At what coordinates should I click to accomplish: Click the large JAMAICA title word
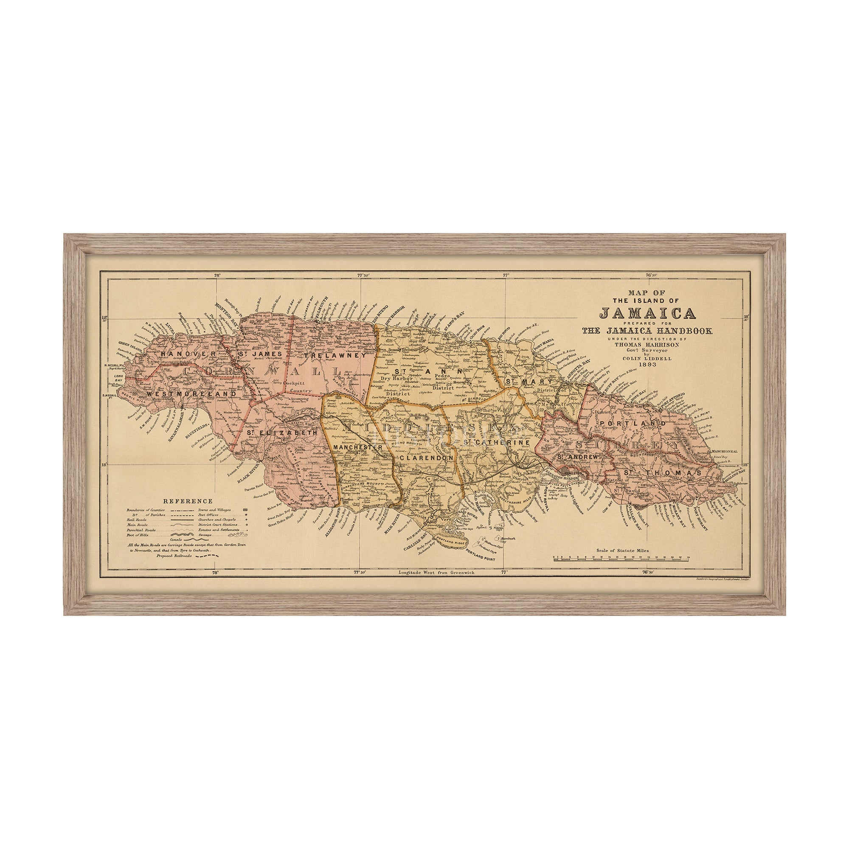point(647,313)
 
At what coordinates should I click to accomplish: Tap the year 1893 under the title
point(648,364)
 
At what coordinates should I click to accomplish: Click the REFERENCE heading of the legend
point(188,501)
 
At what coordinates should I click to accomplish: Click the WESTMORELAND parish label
point(191,394)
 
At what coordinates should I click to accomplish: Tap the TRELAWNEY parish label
point(335,355)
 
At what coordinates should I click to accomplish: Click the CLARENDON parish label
point(426,458)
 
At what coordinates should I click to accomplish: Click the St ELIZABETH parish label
point(282,433)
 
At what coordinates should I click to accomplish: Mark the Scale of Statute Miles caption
point(622,550)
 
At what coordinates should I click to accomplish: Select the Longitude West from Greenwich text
point(436,573)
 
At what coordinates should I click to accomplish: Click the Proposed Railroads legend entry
point(174,555)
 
